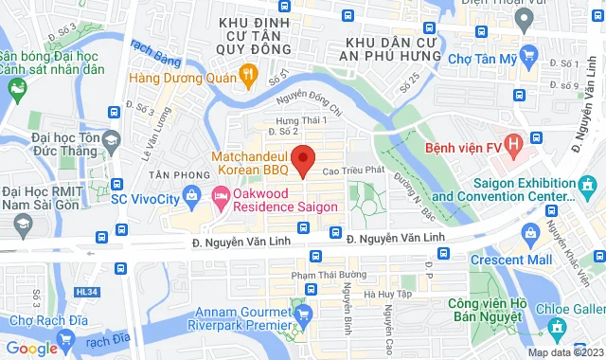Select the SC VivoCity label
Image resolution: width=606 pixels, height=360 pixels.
coord(144,200)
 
